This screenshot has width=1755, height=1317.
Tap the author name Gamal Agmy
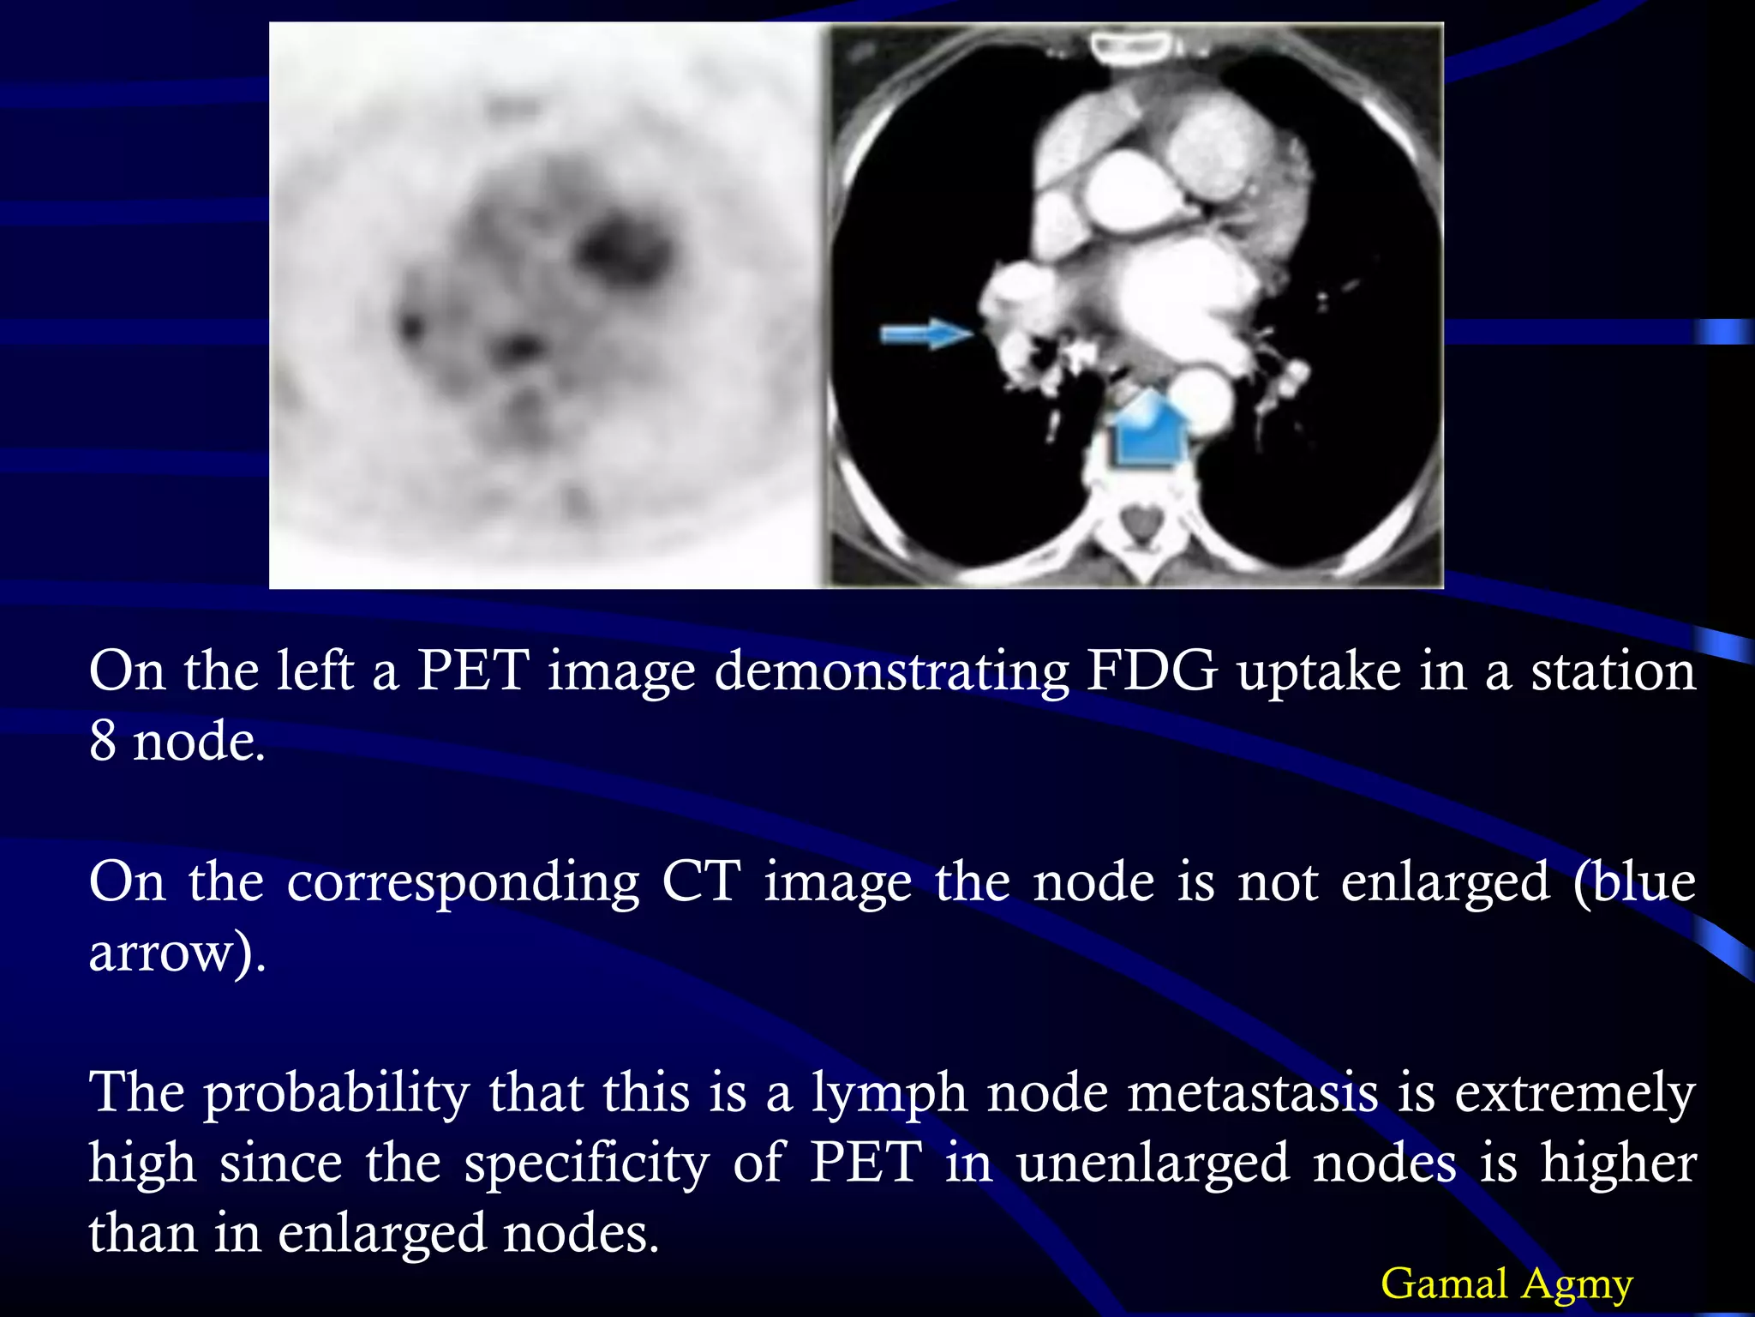(x=1506, y=1284)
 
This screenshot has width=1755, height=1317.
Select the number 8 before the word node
(x=103, y=741)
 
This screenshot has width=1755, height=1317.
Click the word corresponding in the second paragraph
(x=463, y=883)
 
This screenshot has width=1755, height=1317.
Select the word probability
(x=336, y=1094)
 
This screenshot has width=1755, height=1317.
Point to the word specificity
(x=587, y=1164)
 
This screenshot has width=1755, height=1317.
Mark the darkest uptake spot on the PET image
(x=619, y=249)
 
